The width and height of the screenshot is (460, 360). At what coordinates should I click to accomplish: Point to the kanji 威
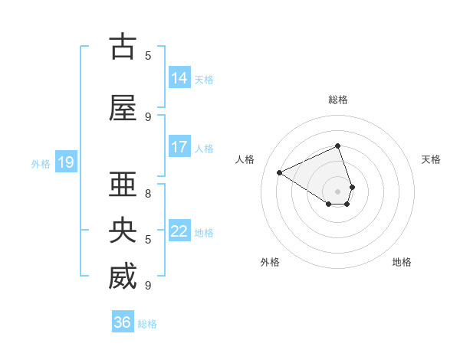pos(123,277)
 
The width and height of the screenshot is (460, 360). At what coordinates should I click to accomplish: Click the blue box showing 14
pos(179,78)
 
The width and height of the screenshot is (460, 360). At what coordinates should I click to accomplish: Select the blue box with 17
pos(179,147)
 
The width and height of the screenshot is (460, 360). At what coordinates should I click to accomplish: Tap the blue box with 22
pos(179,231)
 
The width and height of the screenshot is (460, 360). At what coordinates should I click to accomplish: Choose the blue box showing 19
pos(65,162)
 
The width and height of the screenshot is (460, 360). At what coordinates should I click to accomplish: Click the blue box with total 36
pos(123,322)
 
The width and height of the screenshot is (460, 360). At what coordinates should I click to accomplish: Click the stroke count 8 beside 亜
pos(148,193)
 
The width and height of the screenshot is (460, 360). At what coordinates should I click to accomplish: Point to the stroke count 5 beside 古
pos(148,55)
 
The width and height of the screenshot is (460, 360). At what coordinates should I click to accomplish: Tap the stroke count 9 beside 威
pos(148,285)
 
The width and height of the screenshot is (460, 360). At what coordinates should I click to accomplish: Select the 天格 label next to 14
pos(204,79)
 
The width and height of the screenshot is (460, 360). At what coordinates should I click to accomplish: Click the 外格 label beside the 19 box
pos(41,163)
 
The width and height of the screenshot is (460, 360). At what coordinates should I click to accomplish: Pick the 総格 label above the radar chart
pos(338,100)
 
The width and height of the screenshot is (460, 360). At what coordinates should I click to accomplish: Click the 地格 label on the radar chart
pos(402,262)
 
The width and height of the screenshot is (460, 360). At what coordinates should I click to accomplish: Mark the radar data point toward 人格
pos(280,172)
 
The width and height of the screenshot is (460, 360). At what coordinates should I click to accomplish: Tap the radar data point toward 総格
pos(338,146)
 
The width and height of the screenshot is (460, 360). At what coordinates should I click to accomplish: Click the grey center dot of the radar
pos(338,191)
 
